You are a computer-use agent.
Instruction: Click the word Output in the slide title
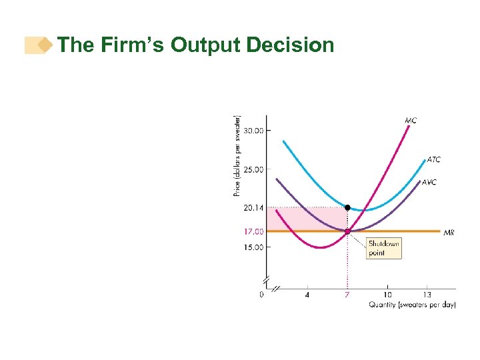205,45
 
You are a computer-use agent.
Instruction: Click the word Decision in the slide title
290,45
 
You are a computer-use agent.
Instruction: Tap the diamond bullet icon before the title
45,45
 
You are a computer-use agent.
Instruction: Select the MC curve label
411,121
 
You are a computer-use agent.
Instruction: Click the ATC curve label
433,160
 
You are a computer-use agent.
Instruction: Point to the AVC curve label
429,182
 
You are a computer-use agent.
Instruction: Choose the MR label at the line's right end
449,233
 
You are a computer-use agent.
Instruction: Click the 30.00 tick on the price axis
253,131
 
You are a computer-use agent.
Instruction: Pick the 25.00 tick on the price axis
253,169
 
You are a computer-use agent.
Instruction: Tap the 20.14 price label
253,208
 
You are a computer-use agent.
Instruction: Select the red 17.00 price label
253,231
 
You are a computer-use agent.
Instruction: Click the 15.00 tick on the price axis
253,247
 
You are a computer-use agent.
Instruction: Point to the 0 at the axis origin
261,294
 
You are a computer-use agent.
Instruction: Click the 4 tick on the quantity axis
307,294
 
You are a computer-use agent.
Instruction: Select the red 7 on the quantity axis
347,294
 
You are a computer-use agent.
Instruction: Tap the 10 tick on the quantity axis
387,294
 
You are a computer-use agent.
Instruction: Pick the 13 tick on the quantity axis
427,294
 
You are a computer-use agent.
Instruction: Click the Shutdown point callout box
384,248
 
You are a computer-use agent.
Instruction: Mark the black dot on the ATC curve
347,207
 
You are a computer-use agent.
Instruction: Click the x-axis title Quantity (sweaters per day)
412,305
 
